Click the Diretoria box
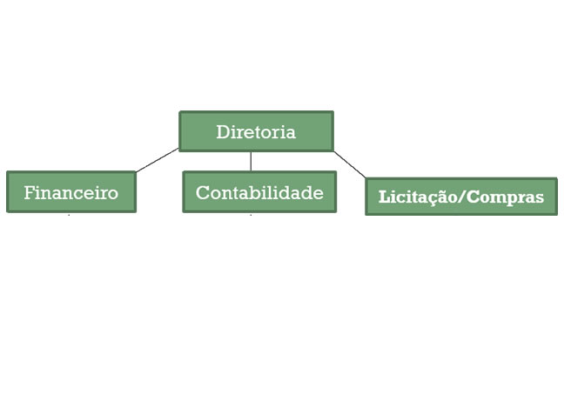pos(257,131)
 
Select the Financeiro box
pos(71,191)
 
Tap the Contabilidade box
pos(259,191)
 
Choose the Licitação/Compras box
pos(461,197)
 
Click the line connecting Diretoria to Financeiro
pos(158,160)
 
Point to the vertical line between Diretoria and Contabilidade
pos(251,161)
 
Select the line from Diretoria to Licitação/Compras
pos(350,165)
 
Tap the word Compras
pos(505,197)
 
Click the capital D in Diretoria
pos(223,131)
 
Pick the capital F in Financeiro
pos(30,192)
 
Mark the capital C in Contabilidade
pos(202,192)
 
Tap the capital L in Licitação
pos(385,197)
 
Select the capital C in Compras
pos(473,197)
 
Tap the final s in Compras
pos(540,198)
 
